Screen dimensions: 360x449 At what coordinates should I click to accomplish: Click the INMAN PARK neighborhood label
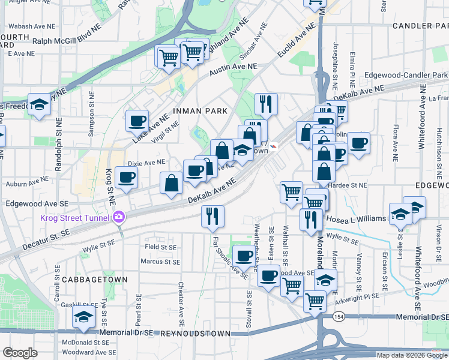tap(200, 111)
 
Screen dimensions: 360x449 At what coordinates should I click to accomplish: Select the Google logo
tap(20, 352)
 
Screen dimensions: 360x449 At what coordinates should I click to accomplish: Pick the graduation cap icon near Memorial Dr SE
tap(84, 317)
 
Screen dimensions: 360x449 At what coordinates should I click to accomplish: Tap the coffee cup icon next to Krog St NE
tap(127, 176)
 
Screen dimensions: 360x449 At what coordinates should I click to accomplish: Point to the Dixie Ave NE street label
tap(146, 163)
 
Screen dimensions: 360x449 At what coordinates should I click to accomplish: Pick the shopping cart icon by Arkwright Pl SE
tap(315, 301)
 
